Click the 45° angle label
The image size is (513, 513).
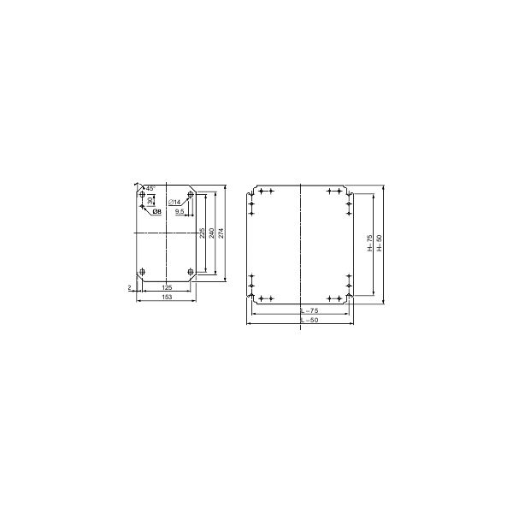click(x=150, y=187)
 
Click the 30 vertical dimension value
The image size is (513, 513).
click(x=149, y=200)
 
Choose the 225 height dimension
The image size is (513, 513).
click(x=202, y=233)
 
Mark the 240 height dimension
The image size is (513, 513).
click(x=213, y=233)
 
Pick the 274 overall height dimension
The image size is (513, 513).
click(x=222, y=233)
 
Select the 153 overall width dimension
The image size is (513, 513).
click(x=167, y=298)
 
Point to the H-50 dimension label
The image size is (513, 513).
click(x=380, y=244)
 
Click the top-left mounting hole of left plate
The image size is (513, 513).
click(x=142, y=195)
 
